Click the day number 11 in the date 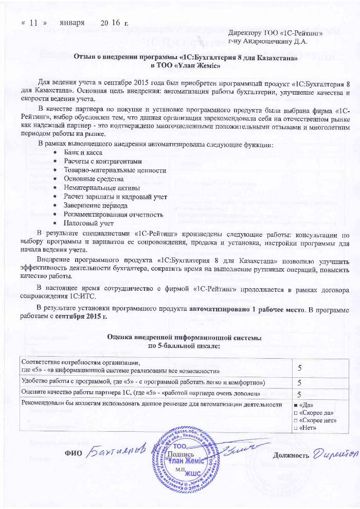pyautogui.click(x=34, y=23)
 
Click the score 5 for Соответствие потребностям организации pyautogui.click(x=300, y=366)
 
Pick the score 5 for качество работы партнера pyautogui.click(x=300, y=394)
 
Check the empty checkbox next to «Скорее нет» pyautogui.click(x=295, y=420)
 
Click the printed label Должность pyautogui.click(x=291, y=455)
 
